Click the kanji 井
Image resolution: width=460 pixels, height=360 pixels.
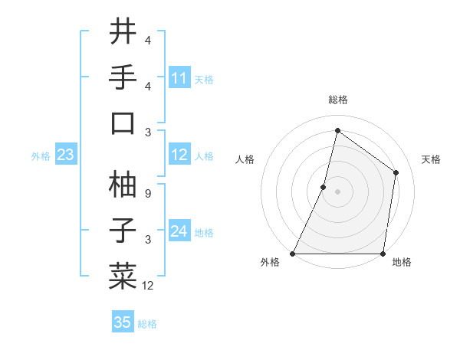point(123,32)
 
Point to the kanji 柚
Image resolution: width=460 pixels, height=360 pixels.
point(123,184)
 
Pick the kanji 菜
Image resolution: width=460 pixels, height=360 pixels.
point(123,275)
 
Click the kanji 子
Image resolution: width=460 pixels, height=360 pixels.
point(123,230)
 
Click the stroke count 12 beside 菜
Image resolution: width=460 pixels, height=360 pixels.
point(148,286)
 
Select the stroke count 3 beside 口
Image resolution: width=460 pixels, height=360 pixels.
point(148,133)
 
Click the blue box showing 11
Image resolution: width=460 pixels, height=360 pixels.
point(179,78)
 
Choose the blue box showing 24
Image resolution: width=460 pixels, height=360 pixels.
point(179,231)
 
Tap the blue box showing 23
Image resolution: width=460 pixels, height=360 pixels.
point(65,155)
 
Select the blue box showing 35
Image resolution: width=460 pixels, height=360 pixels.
point(123,322)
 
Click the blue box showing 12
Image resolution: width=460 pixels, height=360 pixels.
point(179,155)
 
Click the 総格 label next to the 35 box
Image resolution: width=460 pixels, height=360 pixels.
point(147,324)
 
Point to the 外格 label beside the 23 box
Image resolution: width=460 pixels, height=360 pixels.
point(41,156)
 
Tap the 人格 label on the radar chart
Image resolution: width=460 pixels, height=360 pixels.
point(245,159)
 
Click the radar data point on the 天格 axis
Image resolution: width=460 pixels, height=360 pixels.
point(396,172)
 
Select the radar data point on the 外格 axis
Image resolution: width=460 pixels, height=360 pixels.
point(293,254)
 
